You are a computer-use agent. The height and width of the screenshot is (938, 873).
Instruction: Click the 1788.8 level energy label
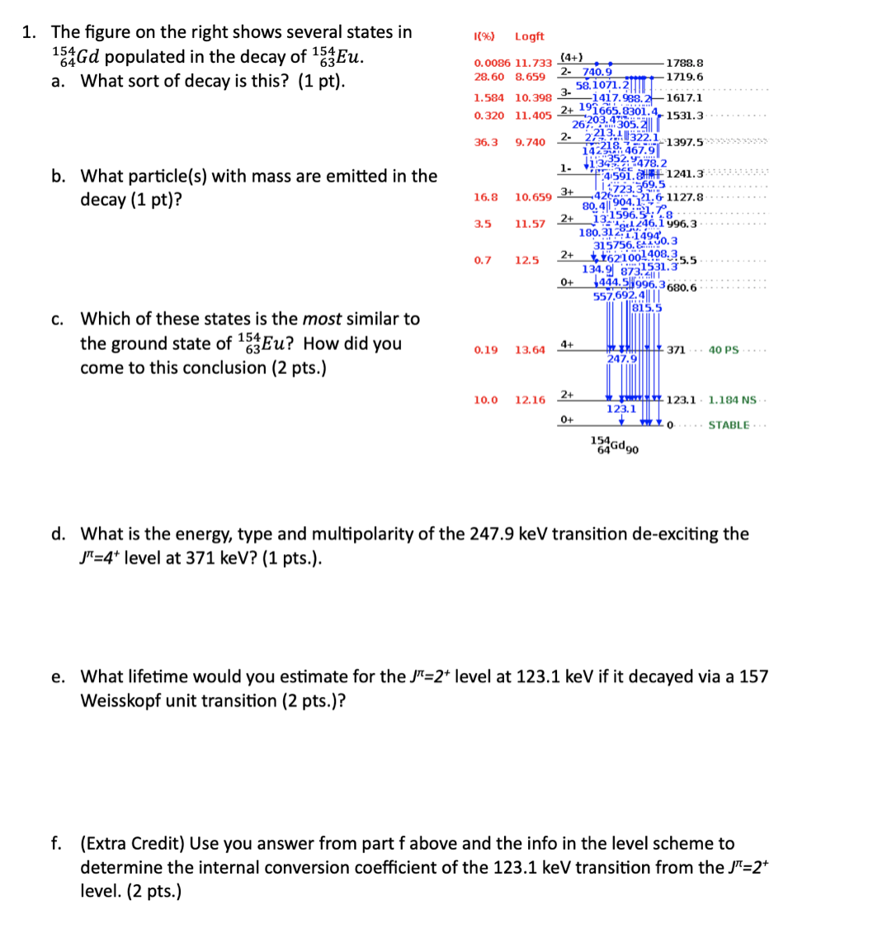(x=683, y=63)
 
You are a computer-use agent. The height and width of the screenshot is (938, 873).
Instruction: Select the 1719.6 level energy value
(x=685, y=77)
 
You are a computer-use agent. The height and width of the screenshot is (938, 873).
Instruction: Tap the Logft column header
(x=529, y=36)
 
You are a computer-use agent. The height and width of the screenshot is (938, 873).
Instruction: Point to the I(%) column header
(x=484, y=36)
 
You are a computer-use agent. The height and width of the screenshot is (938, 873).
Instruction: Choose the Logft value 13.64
(x=530, y=350)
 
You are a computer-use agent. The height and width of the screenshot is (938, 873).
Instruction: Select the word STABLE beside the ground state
(x=729, y=425)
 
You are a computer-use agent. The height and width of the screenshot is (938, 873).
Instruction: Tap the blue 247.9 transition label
(x=623, y=359)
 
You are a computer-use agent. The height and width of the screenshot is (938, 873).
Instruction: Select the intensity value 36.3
(x=486, y=142)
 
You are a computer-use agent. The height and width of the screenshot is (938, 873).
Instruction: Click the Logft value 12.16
(x=530, y=400)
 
